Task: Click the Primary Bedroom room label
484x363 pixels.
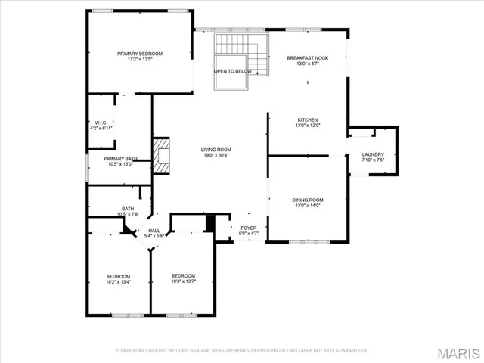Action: (x=140, y=54)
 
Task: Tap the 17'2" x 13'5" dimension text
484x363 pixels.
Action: (x=140, y=60)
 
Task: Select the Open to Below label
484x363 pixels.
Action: (x=232, y=71)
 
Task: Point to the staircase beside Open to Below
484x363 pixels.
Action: (x=259, y=57)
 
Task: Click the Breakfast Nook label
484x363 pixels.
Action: (x=307, y=58)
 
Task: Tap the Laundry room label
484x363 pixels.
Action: (x=373, y=154)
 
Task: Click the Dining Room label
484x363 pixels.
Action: (x=307, y=200)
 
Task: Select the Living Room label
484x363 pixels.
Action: (x=216, y=150)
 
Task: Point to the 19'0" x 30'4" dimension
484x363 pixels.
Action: (x=216, y=156)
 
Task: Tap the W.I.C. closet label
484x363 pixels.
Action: (x=101, y=123)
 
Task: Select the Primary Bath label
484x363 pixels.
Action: (x=119, y=158)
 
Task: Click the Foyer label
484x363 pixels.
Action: (x=249, y=228)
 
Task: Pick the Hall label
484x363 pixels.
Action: (x=154, y=230)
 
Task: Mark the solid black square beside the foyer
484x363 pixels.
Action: (x=211, y=223)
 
